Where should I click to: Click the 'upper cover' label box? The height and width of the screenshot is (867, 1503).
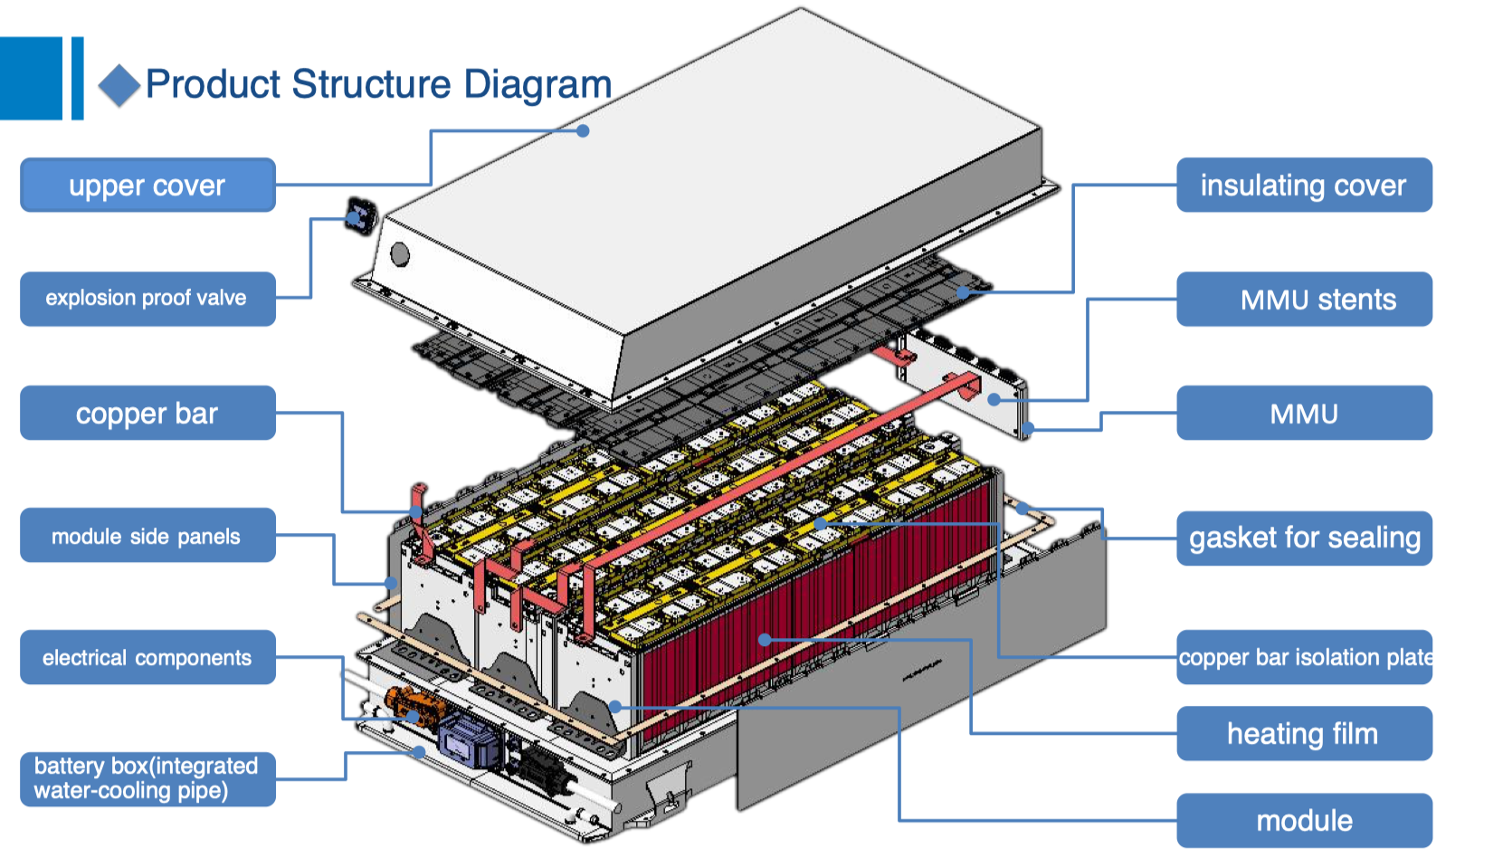[x=147, y=186]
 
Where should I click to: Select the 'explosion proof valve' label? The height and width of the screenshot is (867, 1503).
[x=147, y=299]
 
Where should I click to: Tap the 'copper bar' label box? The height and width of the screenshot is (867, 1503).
[x=147, y=414]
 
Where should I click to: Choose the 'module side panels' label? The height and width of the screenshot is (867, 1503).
[x=147, y=536]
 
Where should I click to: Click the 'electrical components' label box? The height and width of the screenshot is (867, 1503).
[x=147, y=658]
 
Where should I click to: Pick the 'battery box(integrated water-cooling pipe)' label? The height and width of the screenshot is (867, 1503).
[x=147, y=778]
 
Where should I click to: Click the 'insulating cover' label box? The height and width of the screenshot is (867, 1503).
[x=1303, y=186]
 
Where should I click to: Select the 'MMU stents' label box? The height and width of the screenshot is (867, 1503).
[x=1303, y=300]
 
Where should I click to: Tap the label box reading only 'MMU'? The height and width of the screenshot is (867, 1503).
[x=1303, y=414]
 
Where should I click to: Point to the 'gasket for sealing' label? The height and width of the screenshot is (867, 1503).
[x=1303, y=538]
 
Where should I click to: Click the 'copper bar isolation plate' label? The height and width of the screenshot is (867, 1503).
[x=1303, y=658]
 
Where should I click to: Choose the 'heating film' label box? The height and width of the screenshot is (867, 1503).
[x=1303, y=734]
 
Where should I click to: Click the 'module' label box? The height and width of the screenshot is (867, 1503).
[x=1303, y=821]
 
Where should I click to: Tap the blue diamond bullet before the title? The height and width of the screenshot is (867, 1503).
[x=119, y=86]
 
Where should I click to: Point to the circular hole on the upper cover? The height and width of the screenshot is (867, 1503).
[x=399, y=254]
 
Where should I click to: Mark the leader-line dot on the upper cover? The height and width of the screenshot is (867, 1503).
[x=584, y=130]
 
